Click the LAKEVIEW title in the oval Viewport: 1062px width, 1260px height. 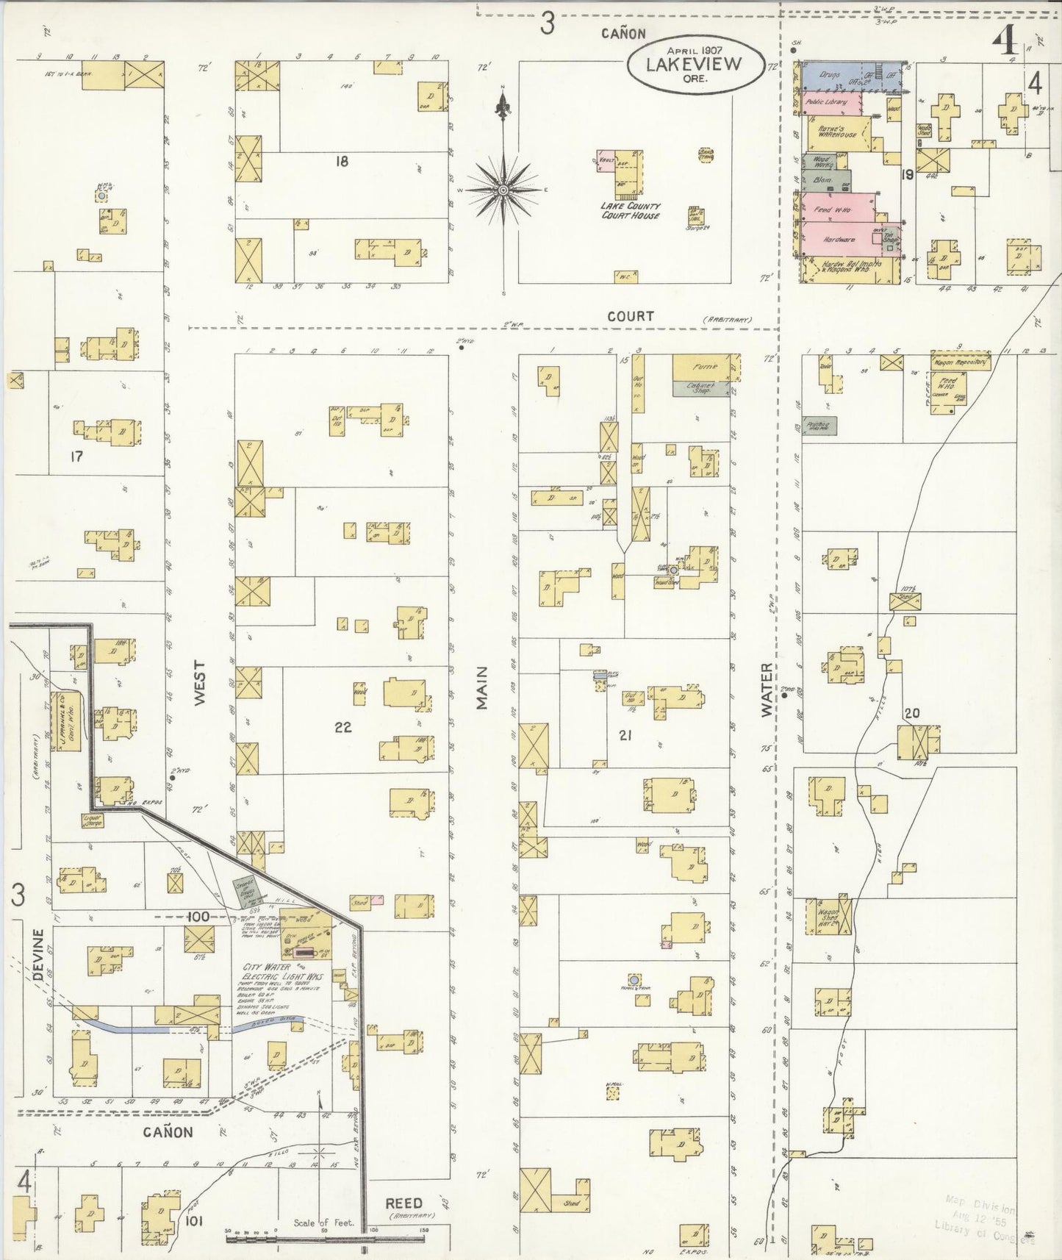694,63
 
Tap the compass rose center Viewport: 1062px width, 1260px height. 503,190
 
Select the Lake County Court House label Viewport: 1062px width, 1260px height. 630,211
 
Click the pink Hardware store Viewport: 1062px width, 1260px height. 839,239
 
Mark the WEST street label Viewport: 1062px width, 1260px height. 200,683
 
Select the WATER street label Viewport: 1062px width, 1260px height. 767,690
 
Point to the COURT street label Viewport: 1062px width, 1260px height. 630,316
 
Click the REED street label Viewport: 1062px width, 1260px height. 403,1203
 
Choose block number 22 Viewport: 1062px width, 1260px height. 342,728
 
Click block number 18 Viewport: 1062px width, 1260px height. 341,161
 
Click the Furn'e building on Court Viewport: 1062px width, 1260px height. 703,367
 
